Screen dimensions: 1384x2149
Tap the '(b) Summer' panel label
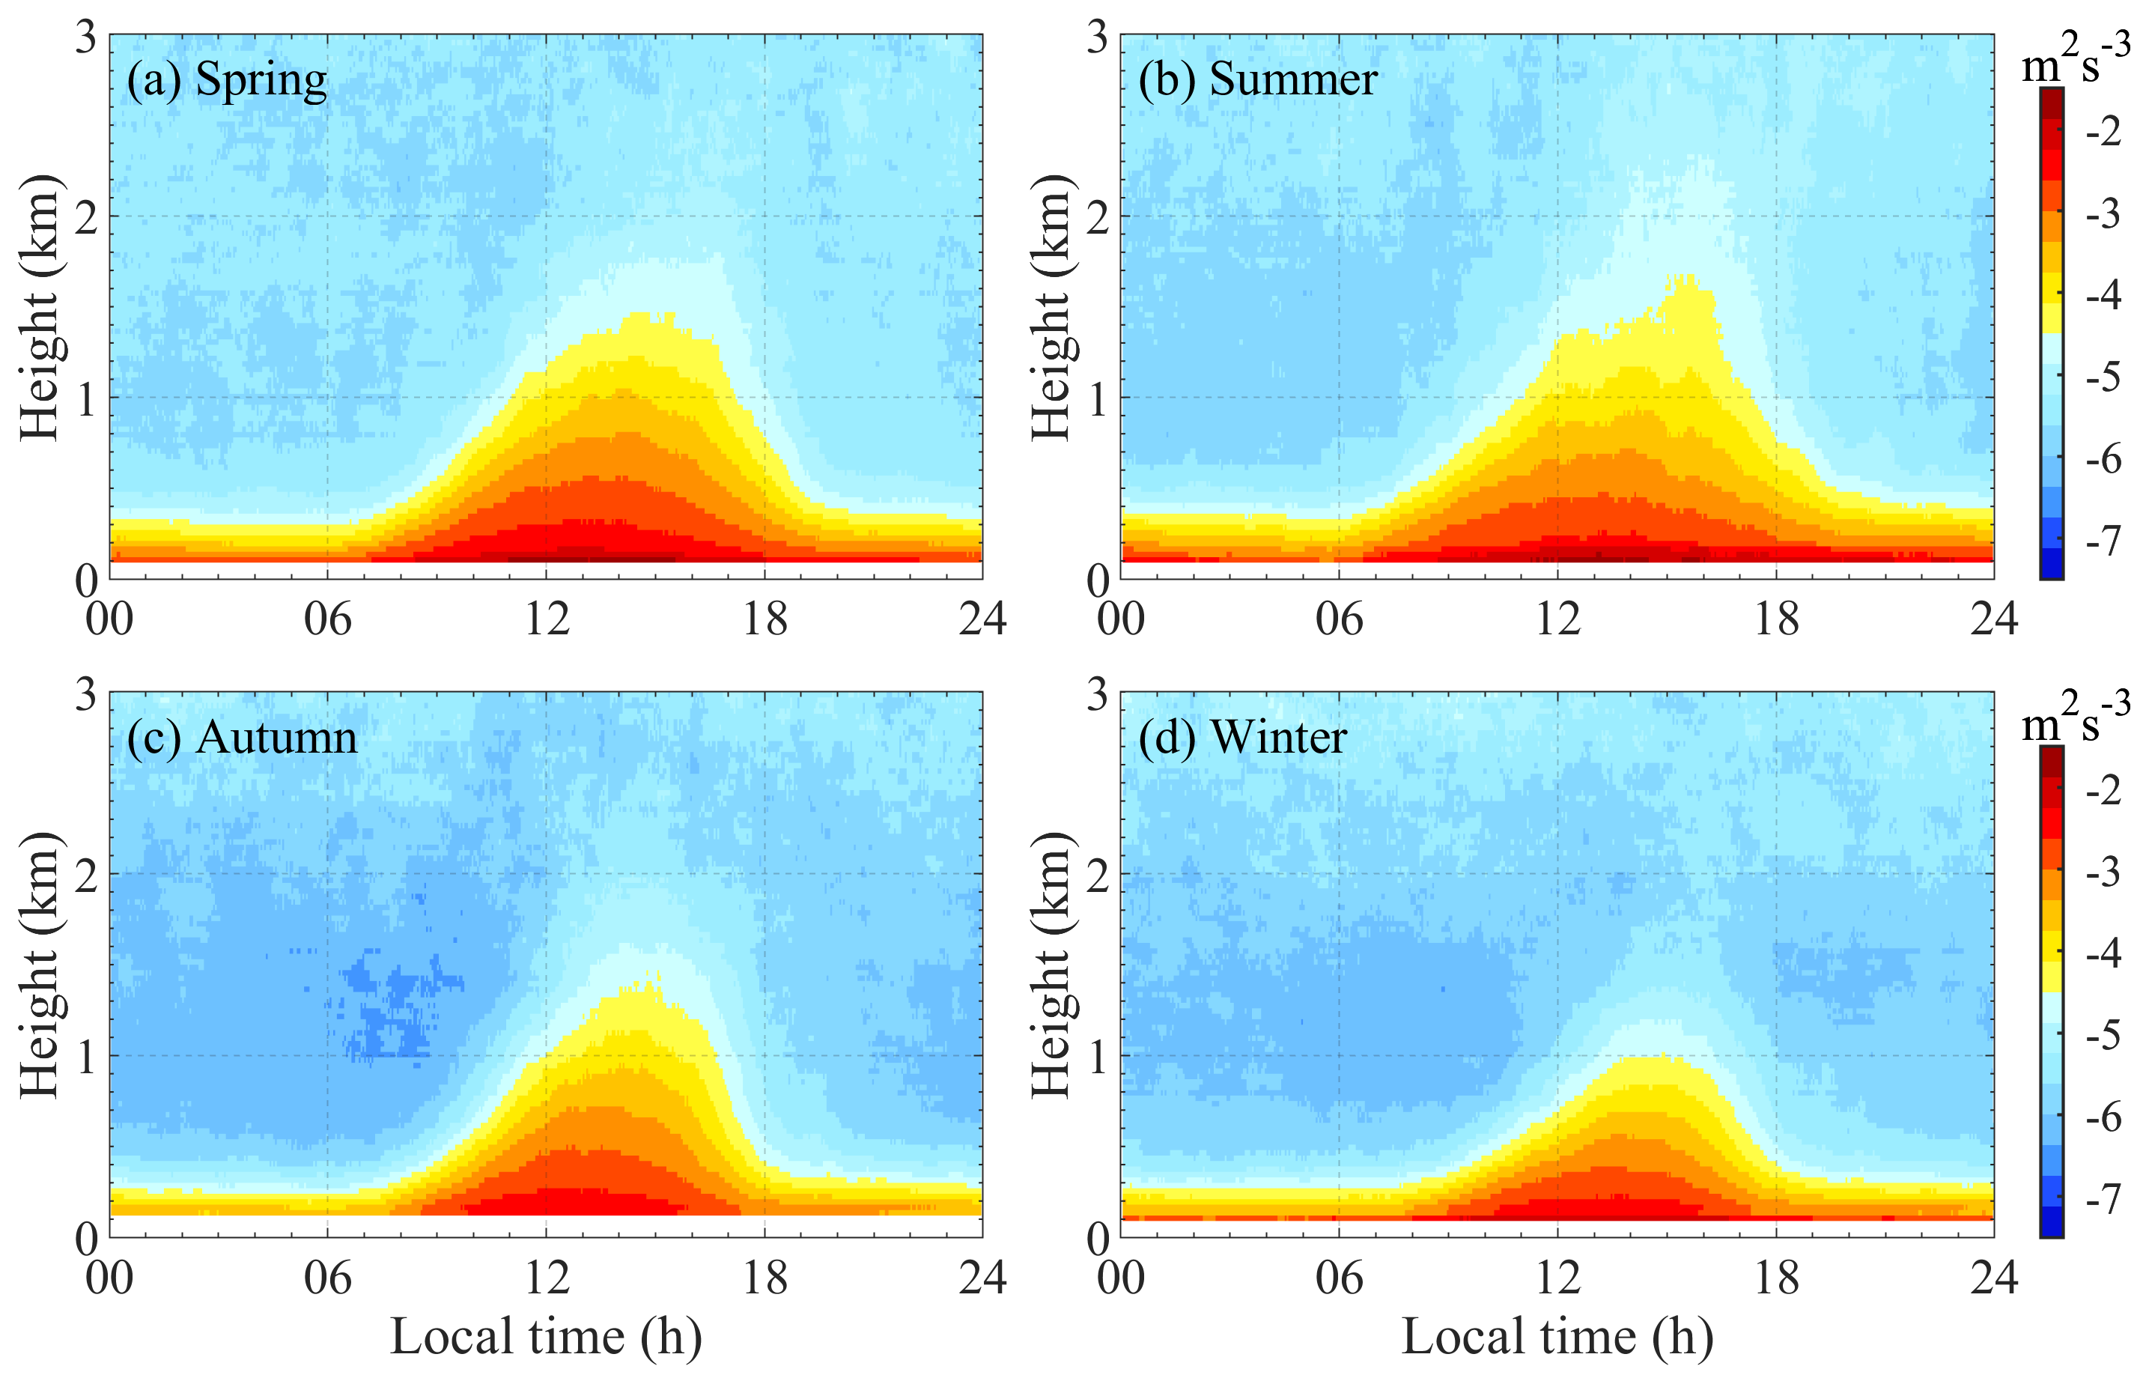click(x=1257, y=80)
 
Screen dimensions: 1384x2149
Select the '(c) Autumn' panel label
click(x=241, y=738)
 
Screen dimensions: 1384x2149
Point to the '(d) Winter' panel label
click(x=1241, y=738)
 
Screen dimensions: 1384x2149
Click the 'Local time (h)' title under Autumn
click(x=545, y=1336)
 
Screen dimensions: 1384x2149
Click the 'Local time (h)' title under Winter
click(x=1557, y=1336)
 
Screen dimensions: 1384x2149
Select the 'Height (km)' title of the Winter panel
click(x=1052, y=965)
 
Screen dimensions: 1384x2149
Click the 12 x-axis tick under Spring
click(x=546, y=619)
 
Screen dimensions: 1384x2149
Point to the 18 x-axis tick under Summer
click(x=1776, y=619)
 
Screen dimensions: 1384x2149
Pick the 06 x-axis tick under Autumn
click(x=328, y=1277)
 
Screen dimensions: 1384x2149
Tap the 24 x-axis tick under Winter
click(x=1993, y=1277)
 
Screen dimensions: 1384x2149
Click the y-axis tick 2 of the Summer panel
click(x=1097, y=217)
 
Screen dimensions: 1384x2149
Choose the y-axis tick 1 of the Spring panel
click(x=85, y=399)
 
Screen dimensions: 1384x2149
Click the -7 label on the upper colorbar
click(x=2103, y=541)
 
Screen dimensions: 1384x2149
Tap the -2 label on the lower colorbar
click(x=2103, y=790)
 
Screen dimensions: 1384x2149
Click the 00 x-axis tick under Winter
click(x=1120, y=1277)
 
